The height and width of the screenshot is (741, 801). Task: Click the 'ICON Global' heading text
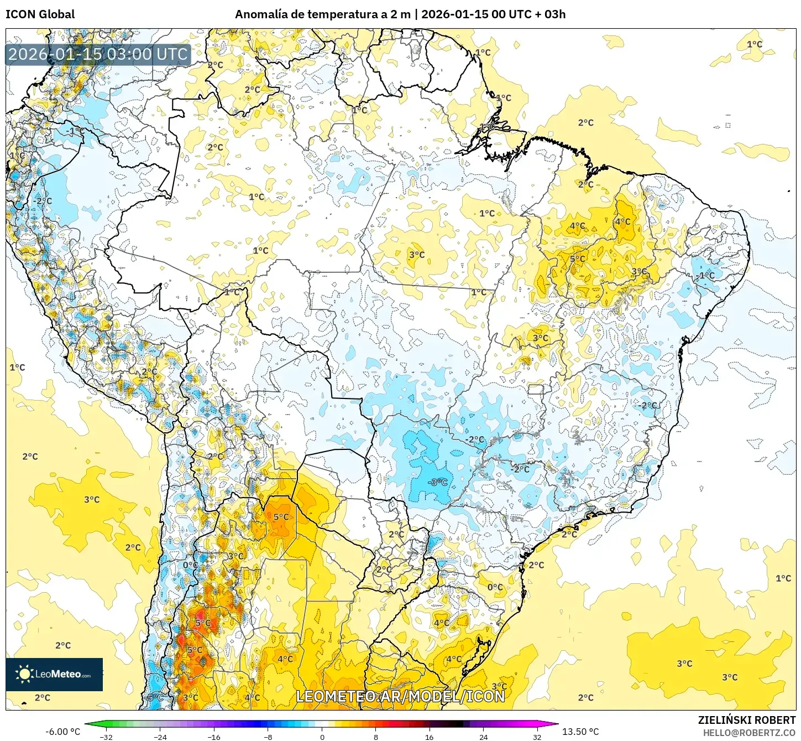pos(40,14)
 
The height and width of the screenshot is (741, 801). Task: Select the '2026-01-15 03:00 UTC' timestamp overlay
pos(98,54)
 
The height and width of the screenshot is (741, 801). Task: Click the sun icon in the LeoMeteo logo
pos(24,674)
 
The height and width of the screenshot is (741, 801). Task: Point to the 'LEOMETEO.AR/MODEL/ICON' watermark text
pos(400,696)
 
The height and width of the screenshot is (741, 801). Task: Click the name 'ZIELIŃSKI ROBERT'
pos(746,720)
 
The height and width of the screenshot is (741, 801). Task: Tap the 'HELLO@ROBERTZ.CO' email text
pos(749,733)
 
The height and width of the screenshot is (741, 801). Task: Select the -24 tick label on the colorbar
pos(160,737)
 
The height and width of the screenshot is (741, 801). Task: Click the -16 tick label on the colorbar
pos(214,737)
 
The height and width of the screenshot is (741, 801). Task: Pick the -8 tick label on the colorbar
pos(268,737)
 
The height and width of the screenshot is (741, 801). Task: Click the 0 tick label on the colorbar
pos(322,737)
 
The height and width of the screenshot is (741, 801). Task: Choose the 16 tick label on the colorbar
pos(430,737)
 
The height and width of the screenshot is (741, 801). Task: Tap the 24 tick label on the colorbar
pos(483,737)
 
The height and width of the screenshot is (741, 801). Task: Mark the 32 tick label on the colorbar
pos(537,737)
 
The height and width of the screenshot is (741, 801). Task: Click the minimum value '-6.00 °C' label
pos(62,732)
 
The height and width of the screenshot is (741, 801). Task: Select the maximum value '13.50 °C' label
pos(580,732)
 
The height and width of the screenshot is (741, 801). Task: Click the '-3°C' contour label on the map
pos(438,482)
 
